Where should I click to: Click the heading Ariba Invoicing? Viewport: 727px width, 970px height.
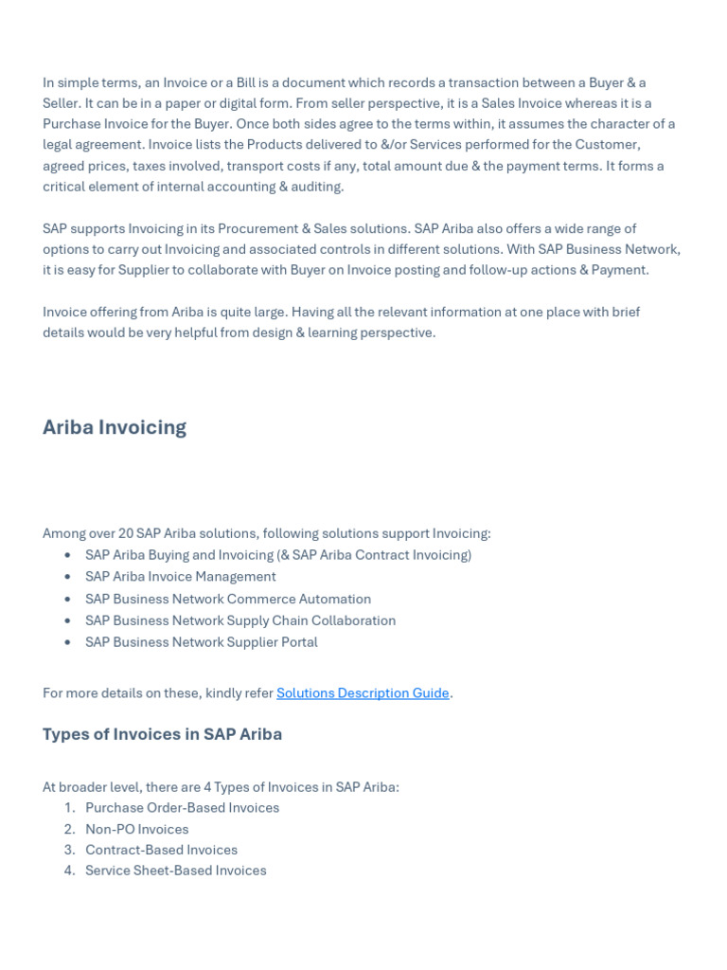pyautogui.click(x=115, y=427)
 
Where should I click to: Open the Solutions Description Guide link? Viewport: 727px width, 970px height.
pyautogui.click(x=363, y=692)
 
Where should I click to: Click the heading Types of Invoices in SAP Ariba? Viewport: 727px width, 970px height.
pyautogui.click(x=162, y=734)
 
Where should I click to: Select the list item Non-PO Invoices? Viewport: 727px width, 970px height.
pyautogui.click(x=136, y=829)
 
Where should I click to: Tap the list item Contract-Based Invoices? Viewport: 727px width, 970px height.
pyautogui.click(x=161, y=850)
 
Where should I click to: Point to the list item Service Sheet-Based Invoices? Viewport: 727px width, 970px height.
pyautogui.click(x=175, y=871)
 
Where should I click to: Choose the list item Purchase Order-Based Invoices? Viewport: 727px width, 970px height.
pyautogui.click(x=182, y=808)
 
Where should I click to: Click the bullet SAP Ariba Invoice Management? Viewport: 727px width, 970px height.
pyautogui.click(x=180, y=576)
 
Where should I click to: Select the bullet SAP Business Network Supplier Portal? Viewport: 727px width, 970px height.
pyautogui.click(x=201, y=641)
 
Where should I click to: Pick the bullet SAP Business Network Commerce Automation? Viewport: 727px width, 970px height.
pyautogui.click(x=227, y=599)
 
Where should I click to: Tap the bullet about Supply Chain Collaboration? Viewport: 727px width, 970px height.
pyautogui.click(x=240, y=620)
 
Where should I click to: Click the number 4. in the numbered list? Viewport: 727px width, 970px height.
pyautogui.click(x=69, y=871)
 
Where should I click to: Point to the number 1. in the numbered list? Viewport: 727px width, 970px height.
pyautogui.click(x=69, y=808)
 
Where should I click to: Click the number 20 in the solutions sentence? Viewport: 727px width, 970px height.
pyautogui.click(x=125, y=533)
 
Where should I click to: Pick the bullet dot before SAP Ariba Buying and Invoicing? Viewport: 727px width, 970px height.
pyautogui.click(x=67, y=555)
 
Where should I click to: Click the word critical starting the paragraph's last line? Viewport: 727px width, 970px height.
pyautogui.click(x=65, y=187)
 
